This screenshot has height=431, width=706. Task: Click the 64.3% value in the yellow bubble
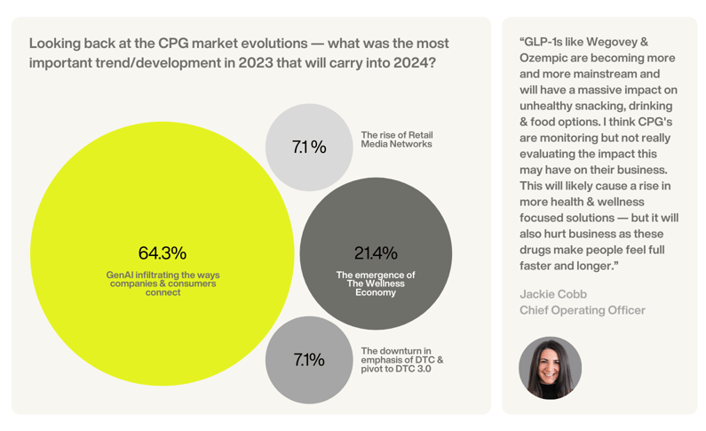click(x=163, y=253)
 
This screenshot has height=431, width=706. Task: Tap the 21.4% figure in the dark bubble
click(x=376, y=253)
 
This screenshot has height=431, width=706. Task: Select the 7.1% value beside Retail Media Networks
click(x=309, y=148)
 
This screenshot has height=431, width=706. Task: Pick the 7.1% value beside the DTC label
click(x=309, y=360)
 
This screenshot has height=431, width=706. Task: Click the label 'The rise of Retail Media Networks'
click(x=397, y=140)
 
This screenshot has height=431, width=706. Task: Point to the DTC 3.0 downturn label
click(x=401, y=360)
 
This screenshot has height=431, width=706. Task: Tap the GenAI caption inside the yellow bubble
click(x=163, y=283)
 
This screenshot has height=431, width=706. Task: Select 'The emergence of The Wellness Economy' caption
click(x=376, y=283)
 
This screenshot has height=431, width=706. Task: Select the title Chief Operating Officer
click(x=583, y=310)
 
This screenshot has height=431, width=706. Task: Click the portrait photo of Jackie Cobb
click(x=550, y=368)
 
